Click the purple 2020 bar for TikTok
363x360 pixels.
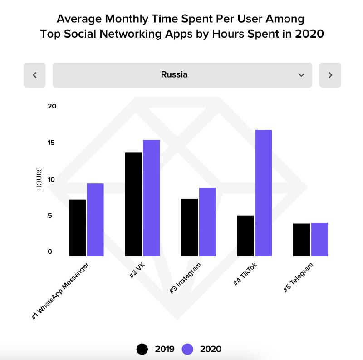263,193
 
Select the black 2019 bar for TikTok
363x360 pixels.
245,236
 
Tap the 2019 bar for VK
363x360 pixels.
133,204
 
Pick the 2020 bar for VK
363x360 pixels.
152,198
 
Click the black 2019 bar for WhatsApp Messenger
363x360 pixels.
77,228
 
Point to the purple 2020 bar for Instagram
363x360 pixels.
207,222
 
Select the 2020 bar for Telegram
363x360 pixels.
319,239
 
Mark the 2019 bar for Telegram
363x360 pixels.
301,240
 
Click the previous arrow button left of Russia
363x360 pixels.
35,75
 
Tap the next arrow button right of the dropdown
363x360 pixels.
330,75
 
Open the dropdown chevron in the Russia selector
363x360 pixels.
301,75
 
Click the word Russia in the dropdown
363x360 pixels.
174,74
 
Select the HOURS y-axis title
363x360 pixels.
39,179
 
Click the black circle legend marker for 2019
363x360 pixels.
142,349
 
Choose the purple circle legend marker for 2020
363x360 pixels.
187,349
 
